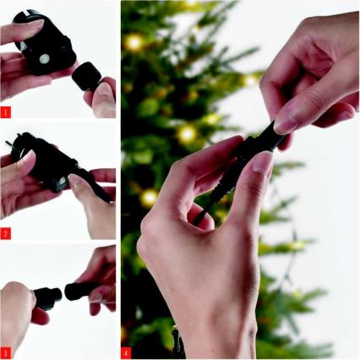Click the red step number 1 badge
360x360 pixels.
7,111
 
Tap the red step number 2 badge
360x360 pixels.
7,232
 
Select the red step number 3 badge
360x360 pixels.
7,352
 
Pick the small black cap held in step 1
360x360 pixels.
85,77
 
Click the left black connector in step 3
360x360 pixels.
47,297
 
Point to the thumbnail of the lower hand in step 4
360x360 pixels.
261,161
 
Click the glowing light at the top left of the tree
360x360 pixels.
134,41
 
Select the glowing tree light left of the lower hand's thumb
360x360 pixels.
187,134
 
